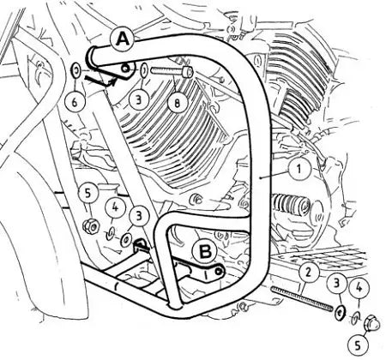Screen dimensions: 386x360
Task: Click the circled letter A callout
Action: (x=124, y=39)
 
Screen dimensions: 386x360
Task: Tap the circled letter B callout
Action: (x=206, y=251)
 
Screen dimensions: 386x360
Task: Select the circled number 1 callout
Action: (x=299, y=169)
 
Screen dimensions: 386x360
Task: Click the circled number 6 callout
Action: (x=75, y=102)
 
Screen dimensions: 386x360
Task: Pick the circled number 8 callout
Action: (x=178, y=102)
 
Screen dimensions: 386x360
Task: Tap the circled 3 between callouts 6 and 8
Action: (x=139, y=99)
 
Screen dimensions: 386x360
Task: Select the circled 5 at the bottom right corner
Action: (x=359, y=345)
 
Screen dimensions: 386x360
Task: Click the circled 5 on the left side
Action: (x=87, y=193)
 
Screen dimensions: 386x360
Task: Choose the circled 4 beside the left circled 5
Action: (x=115, y=207)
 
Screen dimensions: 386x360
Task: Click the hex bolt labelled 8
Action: (x=172, y=71)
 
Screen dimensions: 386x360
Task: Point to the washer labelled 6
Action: (x=76, y=70)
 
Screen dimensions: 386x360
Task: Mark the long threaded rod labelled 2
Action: (x=302, y=297)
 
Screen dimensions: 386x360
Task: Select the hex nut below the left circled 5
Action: (x=91, y=226)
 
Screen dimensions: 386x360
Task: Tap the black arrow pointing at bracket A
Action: (x=101, y=80)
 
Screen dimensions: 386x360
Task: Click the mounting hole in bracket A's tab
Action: (x=125, y=68)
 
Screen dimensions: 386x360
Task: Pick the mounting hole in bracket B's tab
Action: (x=219, y=272)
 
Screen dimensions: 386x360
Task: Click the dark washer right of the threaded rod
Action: (x=340, y=313)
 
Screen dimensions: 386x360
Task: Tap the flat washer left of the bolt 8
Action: (x=144, y=69)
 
